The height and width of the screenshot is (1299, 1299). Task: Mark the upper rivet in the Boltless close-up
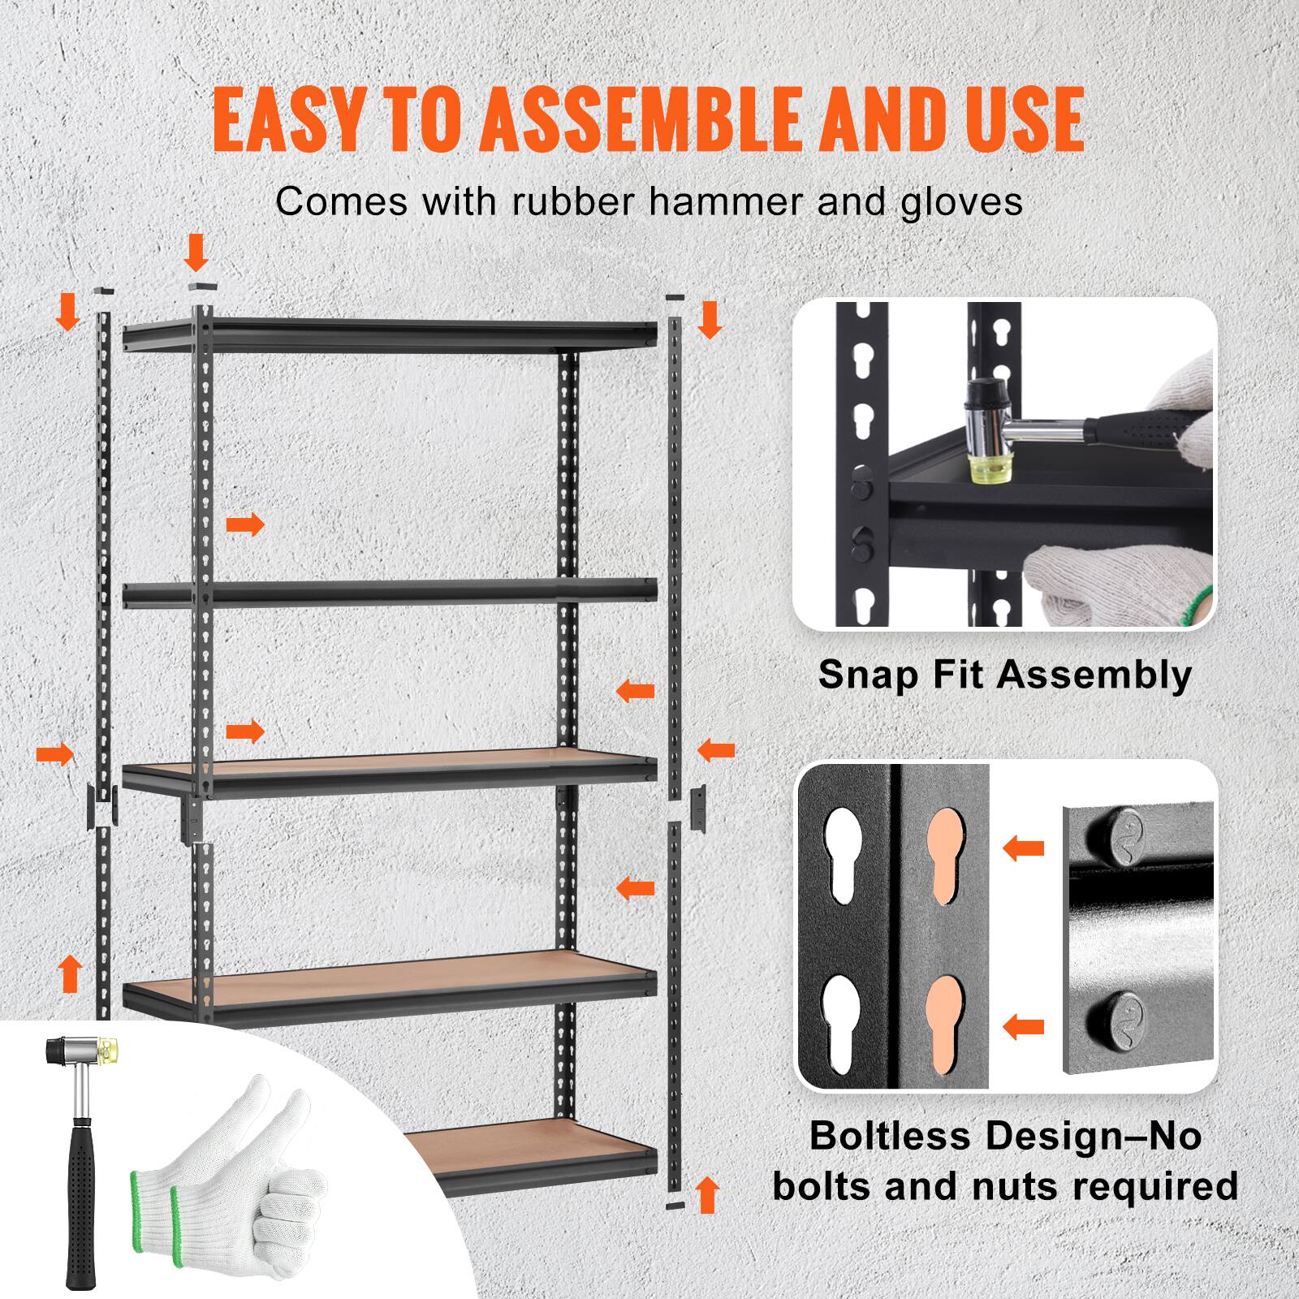pyautogui.click(x=1116, y=833)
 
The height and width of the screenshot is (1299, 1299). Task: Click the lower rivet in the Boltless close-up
pyautogui.click(x=1116, y=1014)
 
